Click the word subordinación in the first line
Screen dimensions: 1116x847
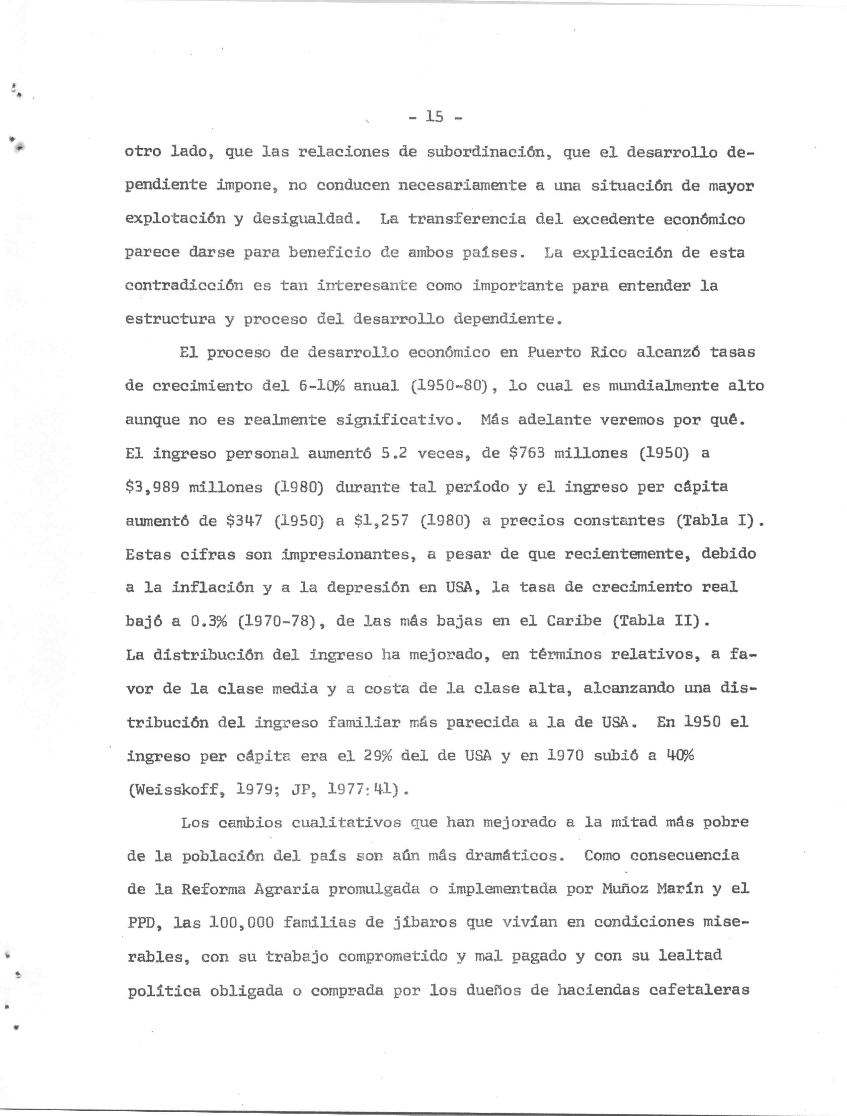coord(486,152)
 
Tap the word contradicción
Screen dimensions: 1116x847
coord(184,286)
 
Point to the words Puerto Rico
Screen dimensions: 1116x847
coord(576,352)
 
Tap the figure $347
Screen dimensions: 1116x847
coord(244,521)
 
